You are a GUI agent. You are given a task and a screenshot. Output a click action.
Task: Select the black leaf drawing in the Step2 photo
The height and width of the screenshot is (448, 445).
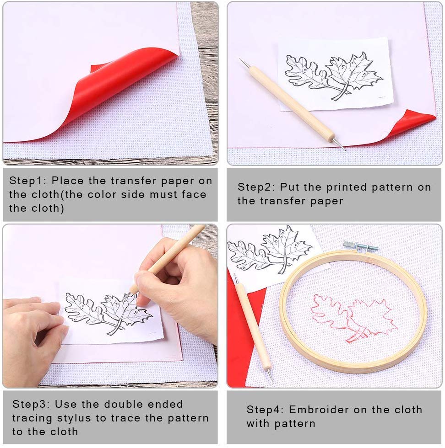[x=334, y=75]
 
